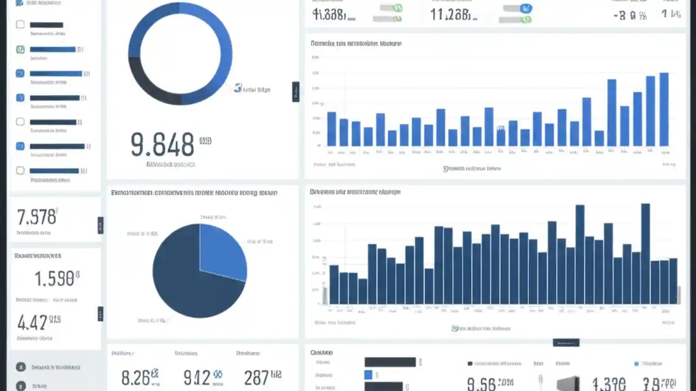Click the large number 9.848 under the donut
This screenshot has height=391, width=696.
pyautogui.click(x=162, y=144)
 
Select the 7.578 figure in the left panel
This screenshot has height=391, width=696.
pyautogui.click(x=36, y=217)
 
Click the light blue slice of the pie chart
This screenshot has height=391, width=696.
pyautogui.click(x=222, y=250)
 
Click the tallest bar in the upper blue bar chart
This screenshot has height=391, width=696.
pyautogui.click(x=664, y=109)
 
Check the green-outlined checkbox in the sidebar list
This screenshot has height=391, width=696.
pyautogui.click(x=20, y=49)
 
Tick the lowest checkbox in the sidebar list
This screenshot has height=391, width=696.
pyautogui.click(x=20, y=171)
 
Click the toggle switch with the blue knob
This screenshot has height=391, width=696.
pyautogui.click(x=519, y=8)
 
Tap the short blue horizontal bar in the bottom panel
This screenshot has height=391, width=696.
pyautogui.click(x=368, y=375)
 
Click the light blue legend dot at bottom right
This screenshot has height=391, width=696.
pyautogui.click(x=637, y=363)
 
